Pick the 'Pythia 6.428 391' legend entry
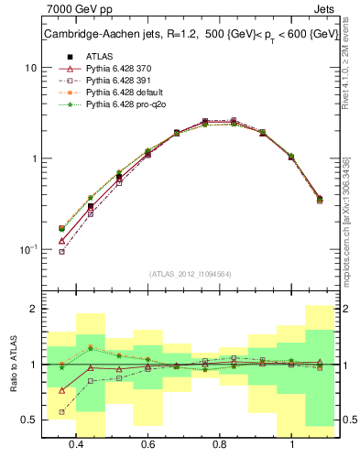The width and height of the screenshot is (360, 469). [x=114, y=81]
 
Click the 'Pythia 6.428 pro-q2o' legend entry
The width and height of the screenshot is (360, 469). [x=119, y=105]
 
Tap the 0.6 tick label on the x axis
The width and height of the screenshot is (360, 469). [x=147, y=444]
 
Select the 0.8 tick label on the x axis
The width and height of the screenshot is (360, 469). [x=220, y=444]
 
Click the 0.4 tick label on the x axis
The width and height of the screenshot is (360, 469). [x=76, y=444]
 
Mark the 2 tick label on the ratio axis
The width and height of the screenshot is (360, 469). [x=33, y=310]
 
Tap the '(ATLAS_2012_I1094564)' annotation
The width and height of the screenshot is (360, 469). [x=190, y=274]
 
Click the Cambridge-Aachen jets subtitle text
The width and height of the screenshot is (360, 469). [x=188, y=35]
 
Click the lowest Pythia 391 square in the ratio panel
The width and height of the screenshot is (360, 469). [x=62, y=412]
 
